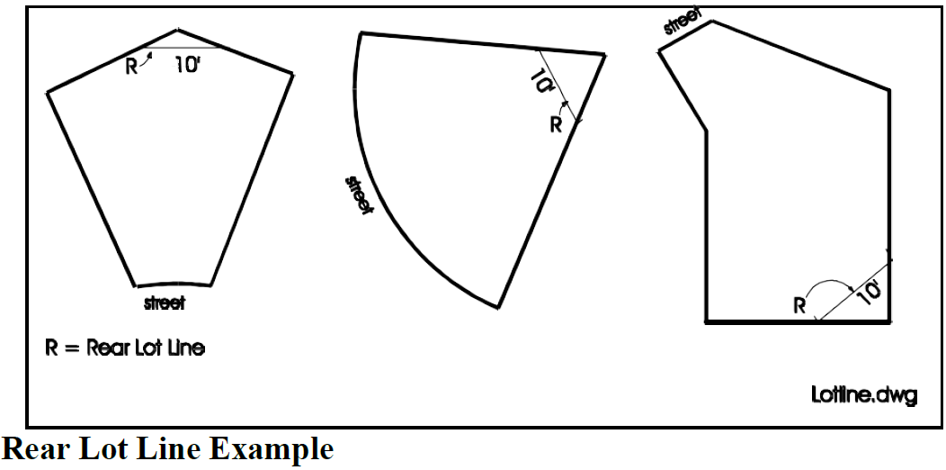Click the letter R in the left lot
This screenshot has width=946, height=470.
tap(131, 67)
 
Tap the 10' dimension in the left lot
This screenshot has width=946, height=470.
tap(186, 67)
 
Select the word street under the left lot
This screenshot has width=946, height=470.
tap(165, 303)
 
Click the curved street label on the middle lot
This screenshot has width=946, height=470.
tap(359, 194)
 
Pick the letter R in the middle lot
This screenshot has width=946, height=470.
tap(557, 125)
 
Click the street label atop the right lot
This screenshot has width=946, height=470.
tap(684, 23)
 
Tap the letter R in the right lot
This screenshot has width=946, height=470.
tap(799, 306)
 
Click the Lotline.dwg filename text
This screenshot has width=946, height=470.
tap(864, 394)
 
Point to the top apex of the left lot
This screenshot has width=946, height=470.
tap(178, 30)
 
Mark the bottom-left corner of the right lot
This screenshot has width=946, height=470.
tap(706, 321)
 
